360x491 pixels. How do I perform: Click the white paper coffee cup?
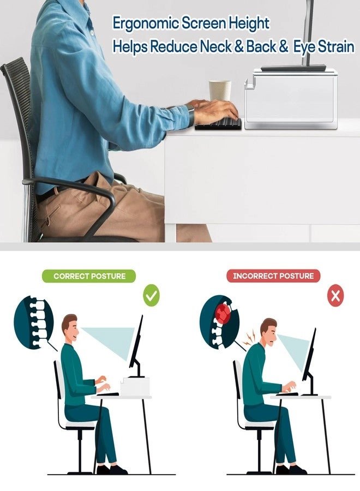click(220, 91)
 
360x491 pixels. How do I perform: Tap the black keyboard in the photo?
click(219, 124)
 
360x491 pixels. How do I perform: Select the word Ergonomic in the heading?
click(146, 24)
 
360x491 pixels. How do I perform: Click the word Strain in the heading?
click(336, 47)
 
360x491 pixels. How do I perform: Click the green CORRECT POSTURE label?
click(89, 276)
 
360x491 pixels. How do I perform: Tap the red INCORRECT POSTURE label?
click(273, 276)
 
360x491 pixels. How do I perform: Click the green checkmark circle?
click(151, 296)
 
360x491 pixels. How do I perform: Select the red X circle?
click(335, 296)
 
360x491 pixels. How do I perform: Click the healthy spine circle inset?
click(33, 324)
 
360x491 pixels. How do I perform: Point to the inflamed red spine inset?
click(219, 323)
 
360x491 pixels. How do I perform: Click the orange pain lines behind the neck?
click(251, 337)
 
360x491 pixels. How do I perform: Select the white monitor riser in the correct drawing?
click(135, 386)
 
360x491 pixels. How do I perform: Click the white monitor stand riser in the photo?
click(291, 98)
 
